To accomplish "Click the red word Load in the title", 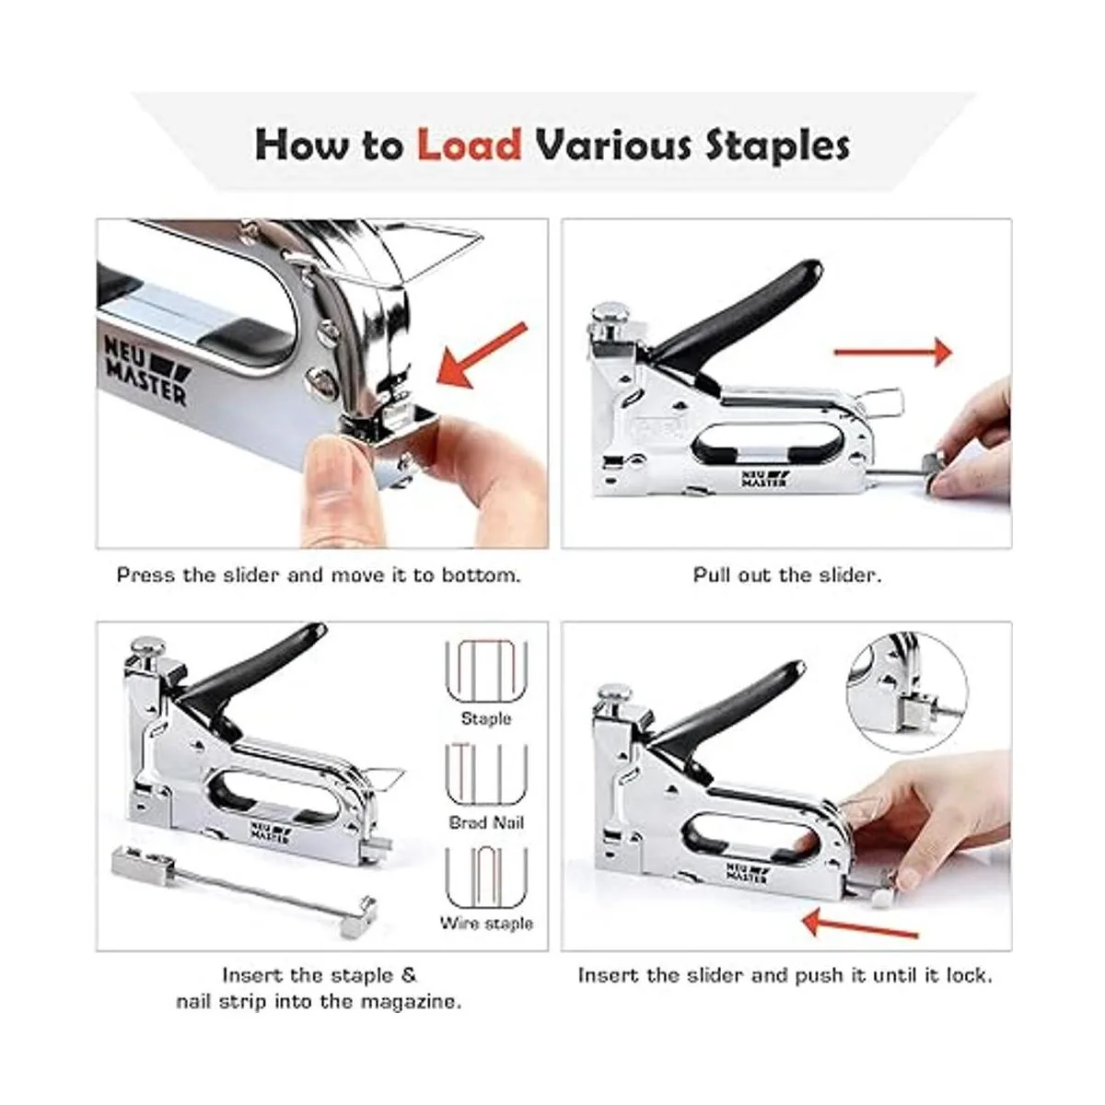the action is tap(469, 145).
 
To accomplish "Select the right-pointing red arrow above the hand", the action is tap(893, 352).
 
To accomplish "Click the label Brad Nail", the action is tap(486, 823).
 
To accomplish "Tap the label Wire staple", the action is tap(486, 924).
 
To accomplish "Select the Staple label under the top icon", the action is tap(486, 718).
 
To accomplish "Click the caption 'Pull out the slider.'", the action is tap(786, 575).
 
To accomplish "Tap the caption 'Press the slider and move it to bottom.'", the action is tap(319, 575).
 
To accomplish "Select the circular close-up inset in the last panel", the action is tap(907, 692).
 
